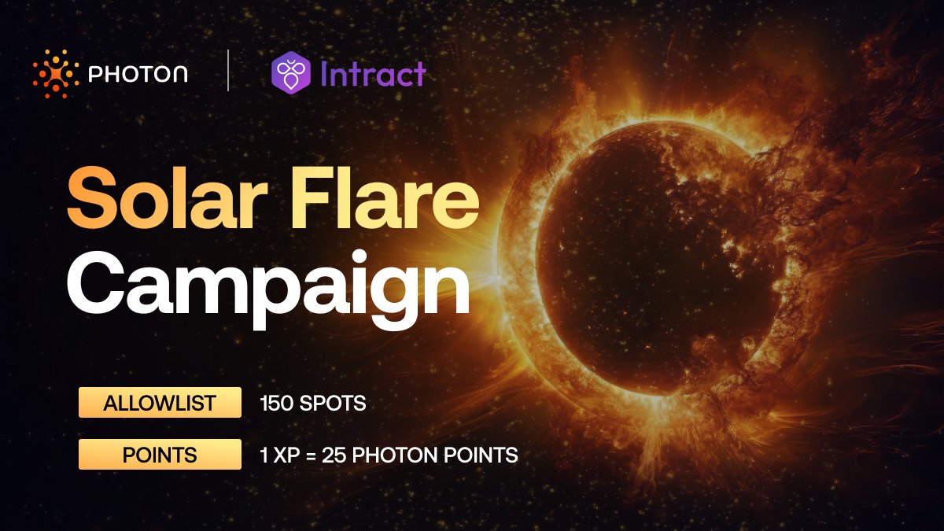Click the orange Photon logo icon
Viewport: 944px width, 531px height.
click(56, 75)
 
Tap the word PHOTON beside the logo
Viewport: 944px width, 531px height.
click(138, 76)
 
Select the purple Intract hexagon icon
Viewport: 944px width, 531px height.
click(290, 74)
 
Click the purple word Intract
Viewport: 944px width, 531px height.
click(373, 74)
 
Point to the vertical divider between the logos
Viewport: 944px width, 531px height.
click(228, 71)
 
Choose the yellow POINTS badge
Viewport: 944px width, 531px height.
click(160, 455)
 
